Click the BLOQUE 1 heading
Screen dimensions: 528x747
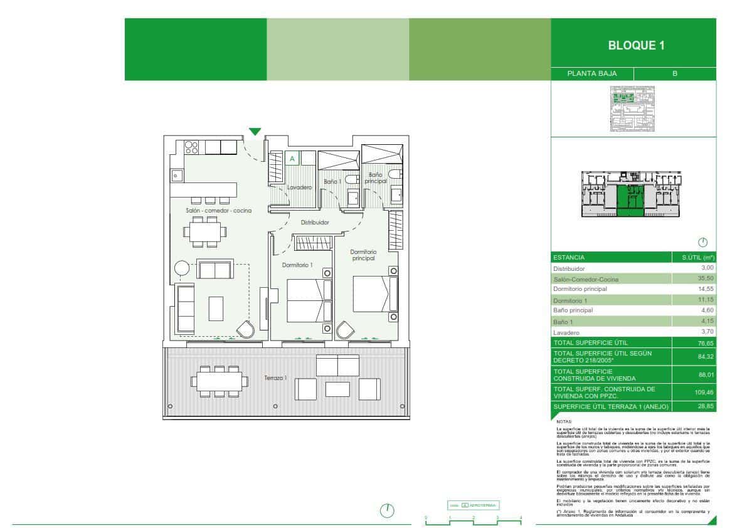point(636,45)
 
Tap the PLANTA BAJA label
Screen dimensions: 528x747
point(591,73)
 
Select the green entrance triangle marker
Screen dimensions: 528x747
point(255,132)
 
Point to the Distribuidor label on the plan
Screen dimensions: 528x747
point(315,222)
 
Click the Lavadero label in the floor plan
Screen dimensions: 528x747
point(300,187)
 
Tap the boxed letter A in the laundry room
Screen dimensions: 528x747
point(292,159)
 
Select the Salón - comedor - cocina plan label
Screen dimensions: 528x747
point(218,211)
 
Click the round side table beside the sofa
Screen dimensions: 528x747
point(182,268)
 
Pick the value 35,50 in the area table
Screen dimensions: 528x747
point(706,279)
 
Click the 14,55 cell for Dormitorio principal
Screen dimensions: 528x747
point(706,289)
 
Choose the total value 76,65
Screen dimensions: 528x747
point(706,342)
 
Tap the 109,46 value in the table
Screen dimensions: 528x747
point(705,393)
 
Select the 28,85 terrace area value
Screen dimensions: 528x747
point(706,407)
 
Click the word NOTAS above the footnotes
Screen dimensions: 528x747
point(564,421)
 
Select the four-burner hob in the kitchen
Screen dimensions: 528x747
point(192,148)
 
